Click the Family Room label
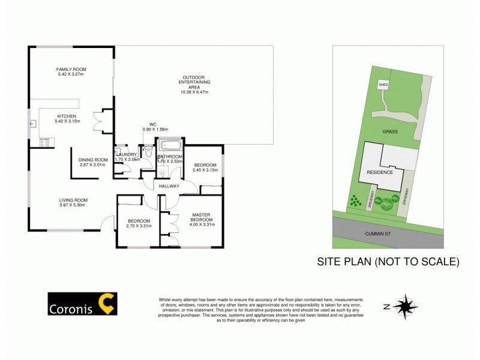pos(71,71)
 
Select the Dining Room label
pos(91,162)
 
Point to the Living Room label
pos(73,203)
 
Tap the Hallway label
pos(169,186)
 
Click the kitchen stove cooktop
pos(44,143)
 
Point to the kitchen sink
pos(34,124)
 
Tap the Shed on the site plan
pos(383,85)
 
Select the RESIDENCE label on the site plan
pos(381,172)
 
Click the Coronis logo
pos(82,304)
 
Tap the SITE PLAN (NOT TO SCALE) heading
pos(388,262)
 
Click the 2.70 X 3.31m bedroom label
pos(138,223)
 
